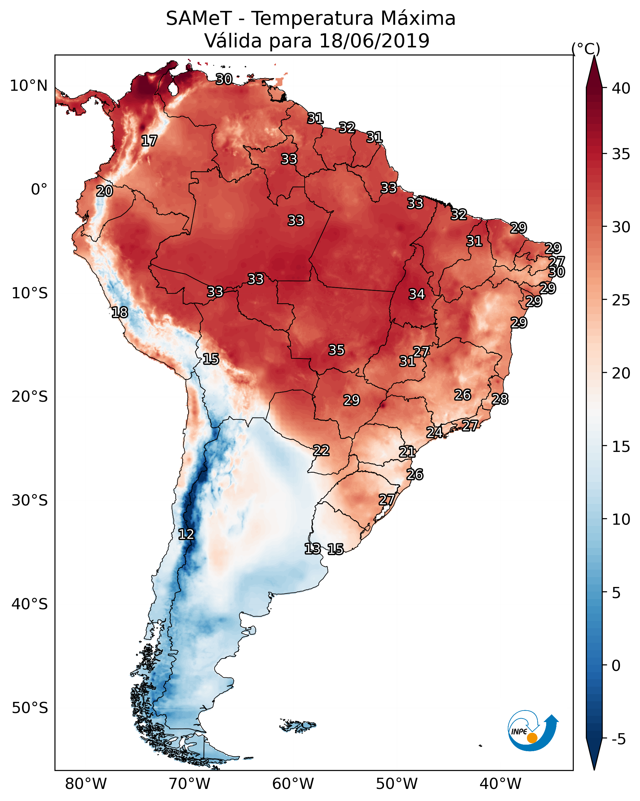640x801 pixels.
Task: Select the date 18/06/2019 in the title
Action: (374, 41)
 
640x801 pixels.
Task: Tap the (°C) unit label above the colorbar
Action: (586, 49)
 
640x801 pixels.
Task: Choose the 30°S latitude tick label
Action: (30, 501)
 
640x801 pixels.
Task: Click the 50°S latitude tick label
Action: (30, 708)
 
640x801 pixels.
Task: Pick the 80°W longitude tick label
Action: (86, 784)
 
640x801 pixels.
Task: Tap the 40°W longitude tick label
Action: (500, 784)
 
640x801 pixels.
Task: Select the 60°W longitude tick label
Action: (293, 784)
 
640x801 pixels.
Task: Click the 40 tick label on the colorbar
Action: (621, 88)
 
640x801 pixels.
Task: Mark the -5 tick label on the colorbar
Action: (618, 739)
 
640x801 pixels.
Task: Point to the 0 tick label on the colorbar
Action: (616, 666)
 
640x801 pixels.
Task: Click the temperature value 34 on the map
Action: (417, 294)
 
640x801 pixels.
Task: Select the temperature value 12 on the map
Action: (186, 534)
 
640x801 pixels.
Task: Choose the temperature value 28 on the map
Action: (500, 399)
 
